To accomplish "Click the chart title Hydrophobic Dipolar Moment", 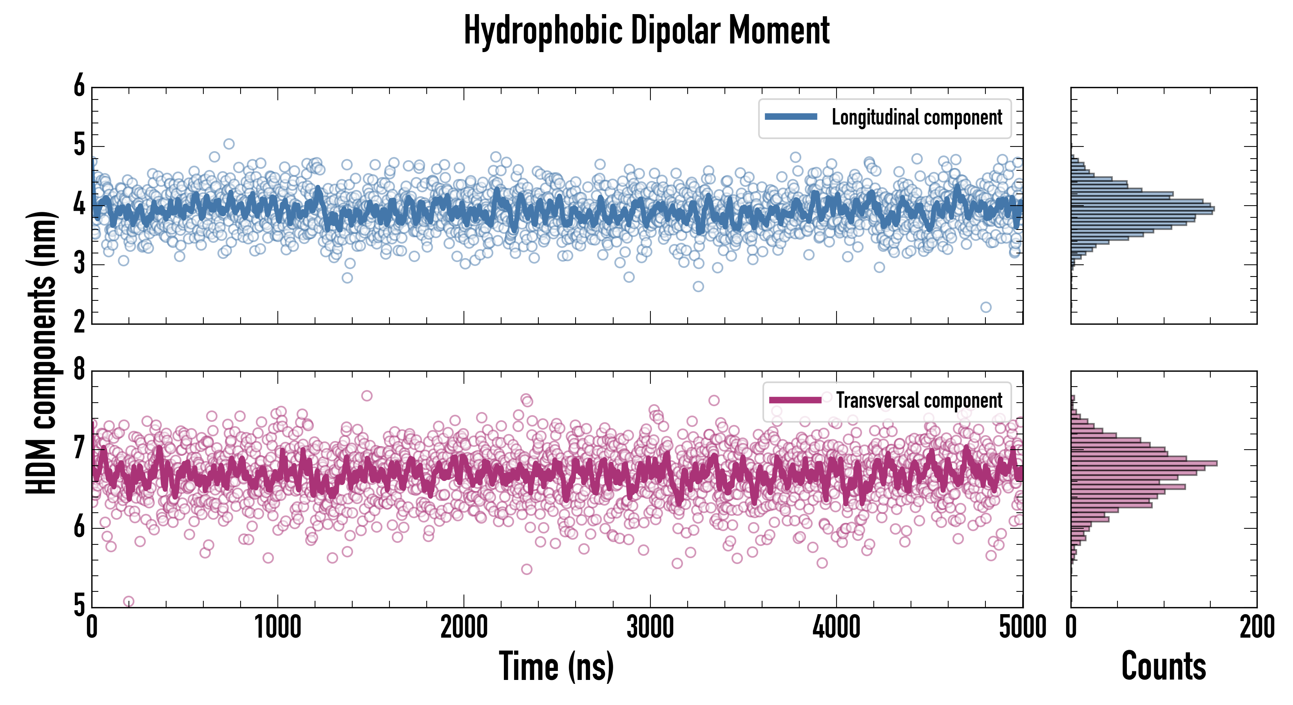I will tap(646, 31).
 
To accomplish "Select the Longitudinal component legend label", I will tap(916, 117).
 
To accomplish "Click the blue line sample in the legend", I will tap(791, 117).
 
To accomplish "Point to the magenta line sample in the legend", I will tap(795, 400).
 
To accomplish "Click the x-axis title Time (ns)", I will tap(556, 666).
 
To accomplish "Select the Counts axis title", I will tap(1163, 666).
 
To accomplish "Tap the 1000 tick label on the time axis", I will tap(277, 627).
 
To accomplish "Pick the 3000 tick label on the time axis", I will tap(650, 627).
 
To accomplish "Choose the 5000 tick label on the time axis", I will tap(1022, 627).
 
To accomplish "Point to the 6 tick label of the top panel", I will tap(79, 86).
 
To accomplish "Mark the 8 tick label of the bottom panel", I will tap(79, 370).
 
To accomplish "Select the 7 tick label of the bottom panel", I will tap(79, 448).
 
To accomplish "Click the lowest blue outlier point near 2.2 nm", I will tap(986, 307).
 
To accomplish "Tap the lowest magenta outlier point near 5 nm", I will tap(129, 601).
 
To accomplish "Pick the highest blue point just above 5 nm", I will tap(229, 144).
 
